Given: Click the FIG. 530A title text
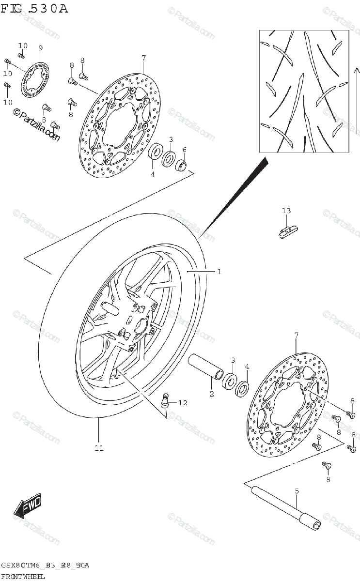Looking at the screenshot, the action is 34,9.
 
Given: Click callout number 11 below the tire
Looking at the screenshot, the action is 99,448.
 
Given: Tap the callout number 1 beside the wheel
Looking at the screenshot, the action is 219,272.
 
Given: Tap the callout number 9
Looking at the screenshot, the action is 40,48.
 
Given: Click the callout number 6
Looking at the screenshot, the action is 184,149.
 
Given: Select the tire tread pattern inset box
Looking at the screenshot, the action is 303,91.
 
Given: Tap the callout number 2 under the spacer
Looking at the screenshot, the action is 211,394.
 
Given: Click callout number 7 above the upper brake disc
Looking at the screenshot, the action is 143,58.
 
